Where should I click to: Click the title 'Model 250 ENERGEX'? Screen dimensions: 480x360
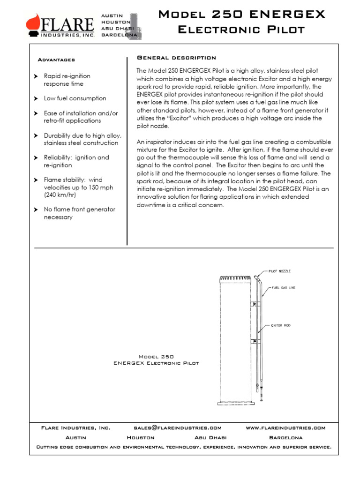point(242,15)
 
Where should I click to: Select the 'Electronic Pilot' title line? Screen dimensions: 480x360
point(242,30)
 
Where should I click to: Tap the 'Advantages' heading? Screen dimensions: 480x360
point(56,60)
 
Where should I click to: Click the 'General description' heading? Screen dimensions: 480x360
point(176,58)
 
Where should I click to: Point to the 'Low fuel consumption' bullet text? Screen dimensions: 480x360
point(75,98)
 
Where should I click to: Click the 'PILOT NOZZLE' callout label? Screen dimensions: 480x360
point(280,271)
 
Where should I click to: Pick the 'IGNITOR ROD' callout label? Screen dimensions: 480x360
point(281,325)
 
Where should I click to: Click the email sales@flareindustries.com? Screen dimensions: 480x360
point(177,428)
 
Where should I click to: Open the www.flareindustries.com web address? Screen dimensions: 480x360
point(285,428)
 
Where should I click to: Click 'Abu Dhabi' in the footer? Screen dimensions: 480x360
point(210,437)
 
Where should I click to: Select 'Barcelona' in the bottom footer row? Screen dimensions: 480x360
point(286,437)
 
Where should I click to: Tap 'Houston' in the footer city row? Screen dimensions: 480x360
point(141,437)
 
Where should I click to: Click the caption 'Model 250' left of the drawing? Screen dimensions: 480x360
point(156,357)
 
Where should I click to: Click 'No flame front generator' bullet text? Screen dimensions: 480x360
point(79,210)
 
